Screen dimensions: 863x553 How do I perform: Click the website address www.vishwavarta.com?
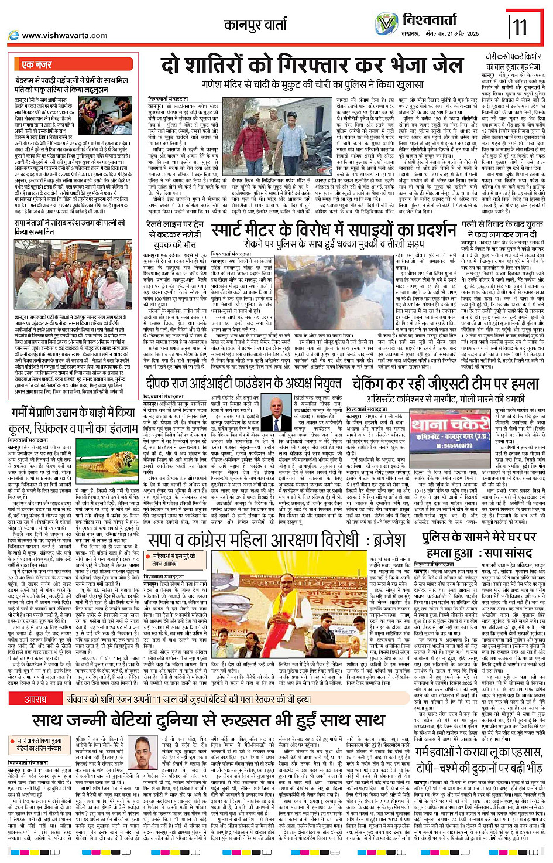click(64, 36)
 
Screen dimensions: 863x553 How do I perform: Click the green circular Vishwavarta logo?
click(386, 23)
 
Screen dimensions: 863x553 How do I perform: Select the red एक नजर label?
click(37, 64)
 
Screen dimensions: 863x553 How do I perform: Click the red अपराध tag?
click(36, 700)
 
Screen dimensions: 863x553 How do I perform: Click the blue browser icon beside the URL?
click(13, 36)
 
